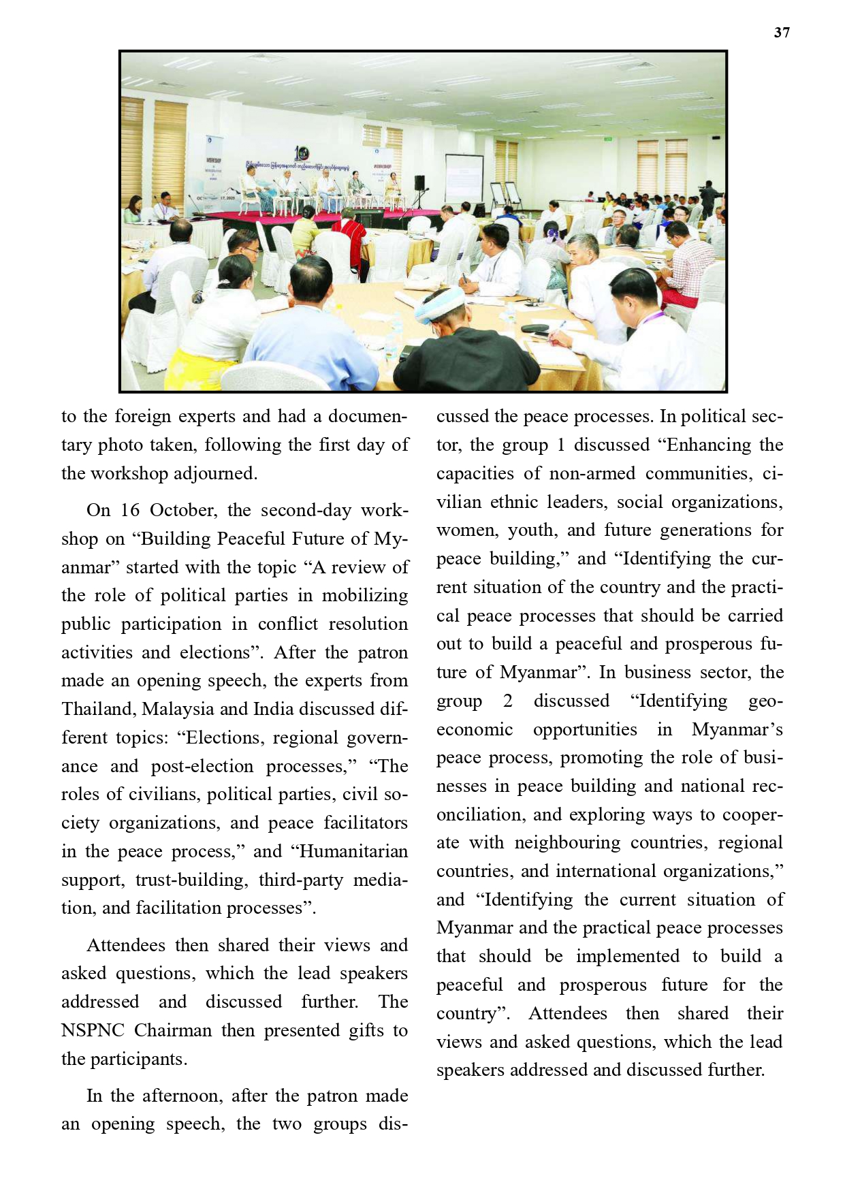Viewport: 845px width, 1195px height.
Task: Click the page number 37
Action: pos(782,33)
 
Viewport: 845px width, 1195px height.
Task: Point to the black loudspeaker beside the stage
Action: pos(419,182)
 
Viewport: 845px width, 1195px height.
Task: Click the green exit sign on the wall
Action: pos(607,139)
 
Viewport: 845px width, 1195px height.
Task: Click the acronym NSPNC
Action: pos(93,1031)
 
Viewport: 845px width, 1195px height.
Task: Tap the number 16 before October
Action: pos(130,511)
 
